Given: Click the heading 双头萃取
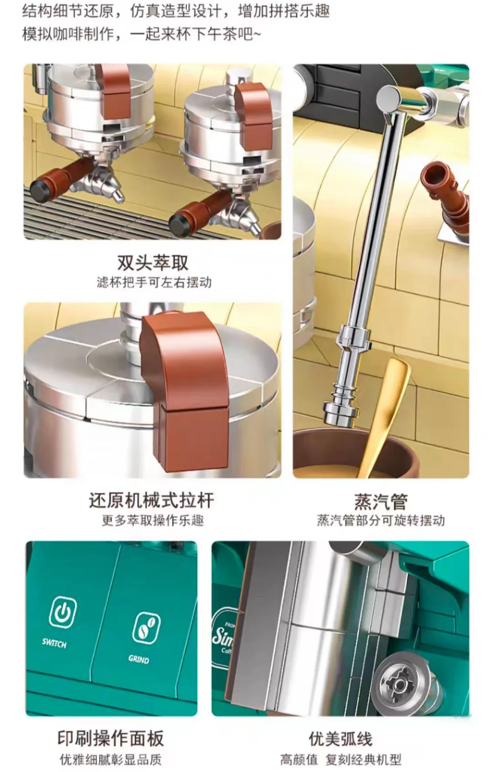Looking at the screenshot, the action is click(153, 263).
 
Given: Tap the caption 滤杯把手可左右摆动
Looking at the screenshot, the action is click(154, 282).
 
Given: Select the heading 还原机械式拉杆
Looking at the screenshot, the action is click(152, 501).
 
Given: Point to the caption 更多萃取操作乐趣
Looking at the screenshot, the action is click(153, 521).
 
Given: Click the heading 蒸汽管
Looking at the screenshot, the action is click(381, 502).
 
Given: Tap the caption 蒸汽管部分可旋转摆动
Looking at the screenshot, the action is click(381, 521).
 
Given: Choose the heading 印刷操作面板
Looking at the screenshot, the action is click(110, 738).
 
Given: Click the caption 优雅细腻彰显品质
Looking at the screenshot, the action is click(110, 760).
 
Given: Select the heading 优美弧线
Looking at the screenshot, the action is click(341, 739).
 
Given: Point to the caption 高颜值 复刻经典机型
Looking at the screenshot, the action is click(341, 760).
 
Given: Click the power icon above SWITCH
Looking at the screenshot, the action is click(63, 612).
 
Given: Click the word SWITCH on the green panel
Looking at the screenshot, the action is click(54, 643).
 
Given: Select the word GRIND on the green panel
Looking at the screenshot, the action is click(139, 659).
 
